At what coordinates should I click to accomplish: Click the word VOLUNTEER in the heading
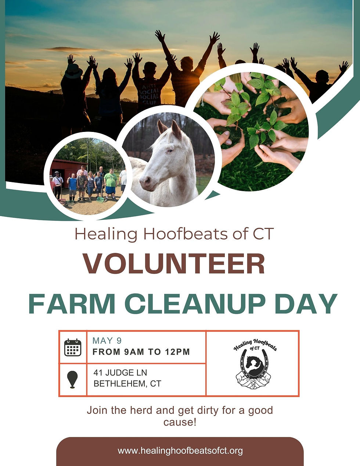tap(174, 264)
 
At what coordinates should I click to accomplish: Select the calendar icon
tap(73, 347)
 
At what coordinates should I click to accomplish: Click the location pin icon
tap(73, 379)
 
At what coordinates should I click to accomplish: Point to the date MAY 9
tap(107, 340)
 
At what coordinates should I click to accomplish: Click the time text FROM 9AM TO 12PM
tap(141, 352)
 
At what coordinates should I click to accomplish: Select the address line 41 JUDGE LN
tap(120, 373)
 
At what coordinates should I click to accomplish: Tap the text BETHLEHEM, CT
tap(127, 384)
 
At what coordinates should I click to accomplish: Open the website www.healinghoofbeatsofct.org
tap(180, 451)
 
